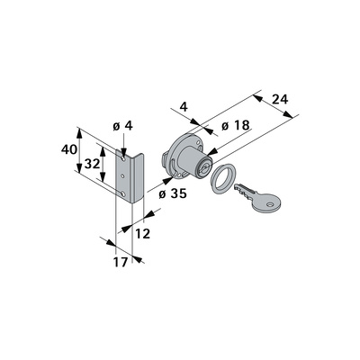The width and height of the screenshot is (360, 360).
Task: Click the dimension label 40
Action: (x=69, y=149)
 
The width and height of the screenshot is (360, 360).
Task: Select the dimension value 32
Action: (x=92, y=164)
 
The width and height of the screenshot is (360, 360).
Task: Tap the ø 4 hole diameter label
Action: (x=122, y=126)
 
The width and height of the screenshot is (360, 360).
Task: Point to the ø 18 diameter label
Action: (x=236, y=125)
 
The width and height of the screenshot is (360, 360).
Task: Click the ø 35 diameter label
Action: (x=173, y=193)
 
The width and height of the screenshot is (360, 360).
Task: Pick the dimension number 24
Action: (x=280, y=99)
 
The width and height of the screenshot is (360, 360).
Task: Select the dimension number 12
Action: (x=142, y=234)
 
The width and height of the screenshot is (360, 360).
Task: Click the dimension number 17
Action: (x=121, y=262)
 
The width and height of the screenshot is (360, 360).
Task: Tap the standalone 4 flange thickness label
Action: (x=184, y=106)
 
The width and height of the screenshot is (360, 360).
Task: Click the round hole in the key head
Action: (x=270, y=205)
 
